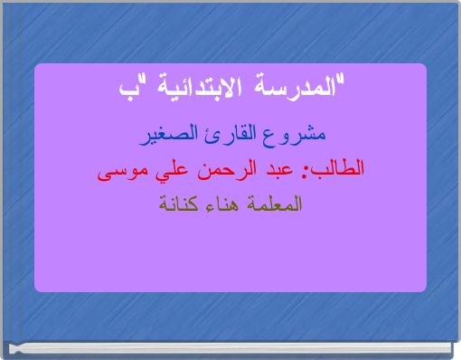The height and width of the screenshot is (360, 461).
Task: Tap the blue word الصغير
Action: coord(175,137)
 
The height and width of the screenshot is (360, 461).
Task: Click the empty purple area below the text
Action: coord(230,253)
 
